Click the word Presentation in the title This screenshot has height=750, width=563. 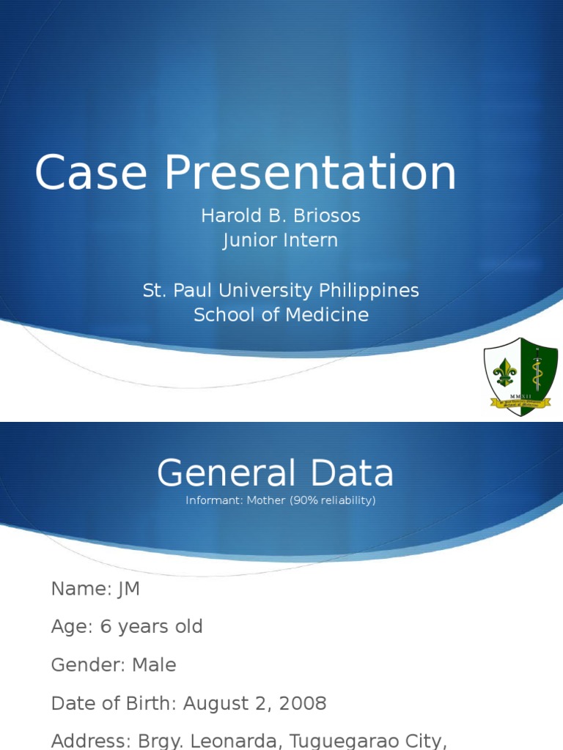[x=310, y=174]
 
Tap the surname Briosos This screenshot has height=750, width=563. [x=325, y=216]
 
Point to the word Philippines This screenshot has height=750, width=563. [x=369, y=290]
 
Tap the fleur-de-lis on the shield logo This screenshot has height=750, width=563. [x=504, y=373]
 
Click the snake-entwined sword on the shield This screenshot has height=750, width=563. [x=537, y=370]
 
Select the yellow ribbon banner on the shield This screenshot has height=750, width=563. [x=520, y=402]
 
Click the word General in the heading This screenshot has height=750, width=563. [x=226, y=473]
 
